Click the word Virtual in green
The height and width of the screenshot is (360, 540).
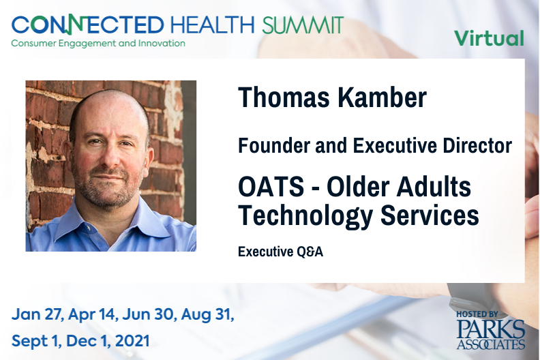(x=489, y=38)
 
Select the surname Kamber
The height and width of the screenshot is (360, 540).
(x=382, y=97)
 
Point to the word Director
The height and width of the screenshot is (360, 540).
(x=477, y=145)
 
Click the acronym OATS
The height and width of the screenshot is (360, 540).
(x=271, y=186)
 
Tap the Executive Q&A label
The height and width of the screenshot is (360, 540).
(x=280, y=252)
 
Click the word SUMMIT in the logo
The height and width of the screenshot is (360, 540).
(x=303, y=25)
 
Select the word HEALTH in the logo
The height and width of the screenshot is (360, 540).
(x=213, y=25)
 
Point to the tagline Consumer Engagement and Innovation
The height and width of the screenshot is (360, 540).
(x=98, y=44)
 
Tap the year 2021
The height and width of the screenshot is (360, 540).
(x=132, y=341)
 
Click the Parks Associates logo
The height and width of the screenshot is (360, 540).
(x=491, y=334)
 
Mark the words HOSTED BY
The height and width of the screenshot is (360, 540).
(x=477, y=314)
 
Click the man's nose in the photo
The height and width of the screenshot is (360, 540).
(x=111, y=157)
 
